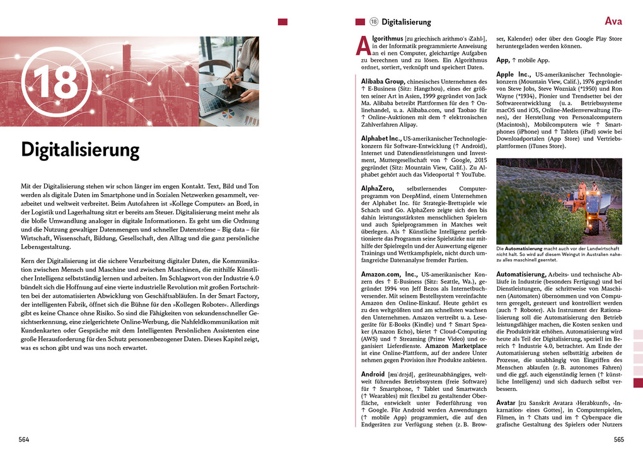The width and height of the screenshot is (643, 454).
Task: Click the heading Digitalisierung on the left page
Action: pos(80,150)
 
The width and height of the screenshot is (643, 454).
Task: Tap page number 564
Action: pos(23,439)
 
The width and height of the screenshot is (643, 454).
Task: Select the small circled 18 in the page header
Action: pos(373,22)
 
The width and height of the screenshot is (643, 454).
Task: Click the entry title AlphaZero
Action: pos(378,189)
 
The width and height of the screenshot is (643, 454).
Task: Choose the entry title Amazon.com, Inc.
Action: pos(389,275)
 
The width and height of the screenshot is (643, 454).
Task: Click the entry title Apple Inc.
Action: pos(514,74)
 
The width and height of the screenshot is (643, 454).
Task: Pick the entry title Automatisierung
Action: pos(521,275)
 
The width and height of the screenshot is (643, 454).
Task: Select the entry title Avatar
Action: pos(506,402)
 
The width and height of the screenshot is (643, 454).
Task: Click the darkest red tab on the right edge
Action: pos(638,383)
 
